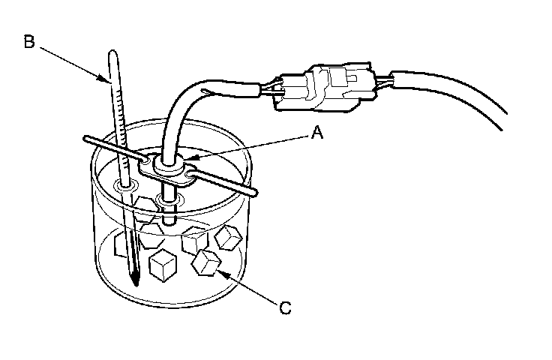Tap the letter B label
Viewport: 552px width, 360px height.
point(28,41)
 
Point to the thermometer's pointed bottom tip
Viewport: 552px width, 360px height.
point(135,285)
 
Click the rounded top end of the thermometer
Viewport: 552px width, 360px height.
point(113,53)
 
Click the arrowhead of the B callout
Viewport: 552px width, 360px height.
point(108,81)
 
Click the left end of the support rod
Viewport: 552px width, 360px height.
point(85,139)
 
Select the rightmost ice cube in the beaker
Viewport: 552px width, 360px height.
point(226,237)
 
